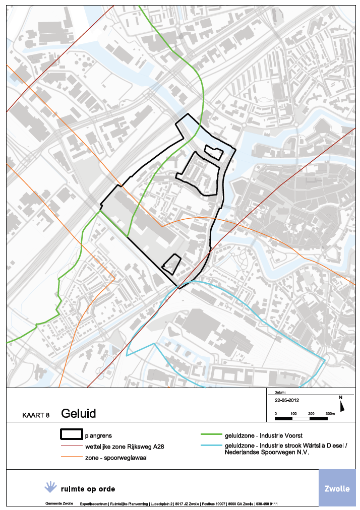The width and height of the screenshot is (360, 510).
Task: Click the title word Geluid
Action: click(79, 414)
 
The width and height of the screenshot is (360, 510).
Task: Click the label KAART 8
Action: click(36, 416)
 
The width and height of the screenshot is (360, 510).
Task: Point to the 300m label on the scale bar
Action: click(330, 413)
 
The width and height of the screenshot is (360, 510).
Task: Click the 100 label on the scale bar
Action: click(293, 413)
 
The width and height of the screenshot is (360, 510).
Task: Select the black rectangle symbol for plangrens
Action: click(71, 435)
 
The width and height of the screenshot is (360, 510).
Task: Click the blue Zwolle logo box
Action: click(336, 488)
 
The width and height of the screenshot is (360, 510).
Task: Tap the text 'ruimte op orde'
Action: click(88, 489)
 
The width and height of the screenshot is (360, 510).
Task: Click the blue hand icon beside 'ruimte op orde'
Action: click(50, 487)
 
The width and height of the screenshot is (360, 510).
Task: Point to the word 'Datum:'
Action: click(280, 392)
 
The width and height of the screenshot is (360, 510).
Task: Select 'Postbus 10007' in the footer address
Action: click(213, 504)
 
